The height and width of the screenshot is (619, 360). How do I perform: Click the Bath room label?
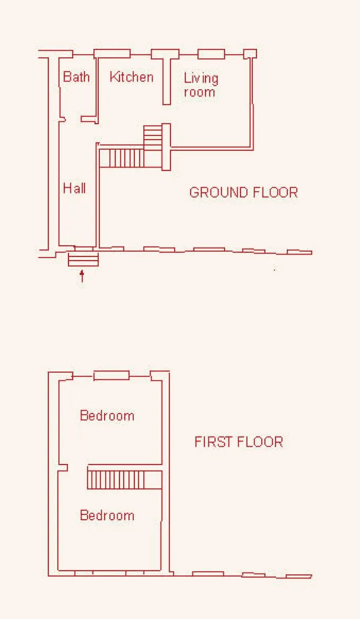tap(77, 77)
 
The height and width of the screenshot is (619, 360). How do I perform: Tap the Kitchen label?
tap(131, 77)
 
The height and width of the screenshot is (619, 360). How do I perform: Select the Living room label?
tap(201, 85)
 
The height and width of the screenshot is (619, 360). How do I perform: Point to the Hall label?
tap(74, 188)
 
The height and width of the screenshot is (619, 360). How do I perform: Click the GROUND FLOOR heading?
tap(244, 192)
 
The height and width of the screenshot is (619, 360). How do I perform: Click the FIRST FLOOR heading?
tap(239, 441)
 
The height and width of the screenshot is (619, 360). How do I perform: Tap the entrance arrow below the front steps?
tap(82, 276)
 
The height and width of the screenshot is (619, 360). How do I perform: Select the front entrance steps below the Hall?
tap(83, 260)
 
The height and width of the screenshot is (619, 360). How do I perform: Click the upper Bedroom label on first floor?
tap(107, 416)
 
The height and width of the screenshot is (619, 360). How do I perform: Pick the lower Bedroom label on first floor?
tap(107, 515)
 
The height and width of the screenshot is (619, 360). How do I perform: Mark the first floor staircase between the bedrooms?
tap(124, 479)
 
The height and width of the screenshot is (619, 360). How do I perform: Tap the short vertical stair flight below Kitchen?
tap(152, 138)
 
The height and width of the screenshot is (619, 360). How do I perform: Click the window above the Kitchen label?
tap(112, 54)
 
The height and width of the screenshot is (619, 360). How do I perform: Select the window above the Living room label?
tap(211, 54)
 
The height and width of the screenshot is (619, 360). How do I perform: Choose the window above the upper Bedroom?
tap(111, 375)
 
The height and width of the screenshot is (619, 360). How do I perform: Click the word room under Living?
tap(199, 92)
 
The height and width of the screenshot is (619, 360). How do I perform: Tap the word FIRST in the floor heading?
tap(212, 441)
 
